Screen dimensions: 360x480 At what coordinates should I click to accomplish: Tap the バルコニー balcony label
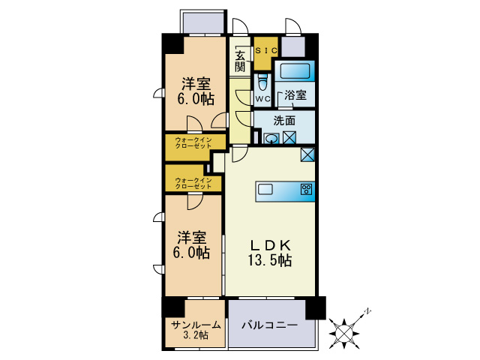(x=269, y=326)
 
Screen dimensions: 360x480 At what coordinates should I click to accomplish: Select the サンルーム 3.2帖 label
(x=195, y=330)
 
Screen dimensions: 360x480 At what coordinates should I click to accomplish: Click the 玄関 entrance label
(x=240, y=61)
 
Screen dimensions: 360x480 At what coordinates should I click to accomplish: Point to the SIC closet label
(x=266, y=50)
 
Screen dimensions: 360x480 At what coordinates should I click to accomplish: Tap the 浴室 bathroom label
(x=295, y=96)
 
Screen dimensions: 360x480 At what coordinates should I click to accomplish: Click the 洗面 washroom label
(x=283, y=120)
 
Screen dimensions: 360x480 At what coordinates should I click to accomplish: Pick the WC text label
(x=262, y=99)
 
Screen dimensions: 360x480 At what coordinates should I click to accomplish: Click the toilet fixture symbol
(x=262, y=82)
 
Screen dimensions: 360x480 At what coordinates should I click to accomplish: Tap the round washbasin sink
(x=272, y=138)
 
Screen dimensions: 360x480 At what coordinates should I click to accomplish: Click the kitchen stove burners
(x=306, y=189)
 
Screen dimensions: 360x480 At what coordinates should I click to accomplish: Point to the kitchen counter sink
(x=266, y=189)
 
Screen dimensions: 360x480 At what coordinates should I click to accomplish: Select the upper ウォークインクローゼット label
(x=193, y=143)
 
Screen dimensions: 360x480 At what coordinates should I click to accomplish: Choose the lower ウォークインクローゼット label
(x=193, y=182)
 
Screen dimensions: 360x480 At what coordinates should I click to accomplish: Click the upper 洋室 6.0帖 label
(x=194, y=91)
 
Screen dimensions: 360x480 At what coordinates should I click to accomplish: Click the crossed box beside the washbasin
(x=289, y=138)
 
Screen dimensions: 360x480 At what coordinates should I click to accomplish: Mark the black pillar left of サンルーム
(x=172, y=307)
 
